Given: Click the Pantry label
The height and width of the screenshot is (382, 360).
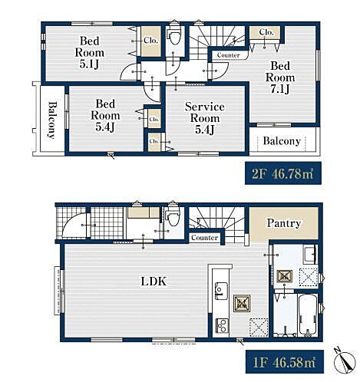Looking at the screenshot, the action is (x=283, y=223).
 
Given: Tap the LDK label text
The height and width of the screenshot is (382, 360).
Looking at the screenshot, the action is (x=154, y=282).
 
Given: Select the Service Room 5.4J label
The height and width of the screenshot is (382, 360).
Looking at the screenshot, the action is (x=205, y=118).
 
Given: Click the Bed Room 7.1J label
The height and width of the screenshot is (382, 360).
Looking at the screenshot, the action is (x=280, y=77).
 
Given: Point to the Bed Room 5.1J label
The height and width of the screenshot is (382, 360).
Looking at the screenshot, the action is (x=89, y=52).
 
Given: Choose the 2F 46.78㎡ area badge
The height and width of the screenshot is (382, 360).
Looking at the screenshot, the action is (x=283, y=173).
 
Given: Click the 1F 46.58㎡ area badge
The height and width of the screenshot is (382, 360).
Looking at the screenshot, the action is (x=285, y=361).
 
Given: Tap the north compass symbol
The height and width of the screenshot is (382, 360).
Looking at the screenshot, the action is (x=345, y=361).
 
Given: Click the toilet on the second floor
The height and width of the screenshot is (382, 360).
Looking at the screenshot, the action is (x=174, y=36).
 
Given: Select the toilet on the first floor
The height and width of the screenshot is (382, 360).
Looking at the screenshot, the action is (x=173, y=217).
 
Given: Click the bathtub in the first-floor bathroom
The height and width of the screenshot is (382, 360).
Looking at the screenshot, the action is (x=308, y=315).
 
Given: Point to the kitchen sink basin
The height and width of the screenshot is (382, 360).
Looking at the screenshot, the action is (x=221, y=291).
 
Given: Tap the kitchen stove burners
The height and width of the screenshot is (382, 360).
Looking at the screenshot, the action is (x=222, y=325).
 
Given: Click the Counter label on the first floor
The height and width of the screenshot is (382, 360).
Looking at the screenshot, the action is (x=204, y=238).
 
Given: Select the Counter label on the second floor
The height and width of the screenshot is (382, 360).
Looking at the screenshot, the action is (x=228, y=55).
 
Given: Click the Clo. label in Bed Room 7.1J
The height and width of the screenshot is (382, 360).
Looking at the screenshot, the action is (x=266, y=32).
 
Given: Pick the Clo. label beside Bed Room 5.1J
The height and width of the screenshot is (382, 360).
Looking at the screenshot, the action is (x=150, y=41).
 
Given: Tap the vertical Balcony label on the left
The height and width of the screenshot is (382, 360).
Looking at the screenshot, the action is (x=52, y=120).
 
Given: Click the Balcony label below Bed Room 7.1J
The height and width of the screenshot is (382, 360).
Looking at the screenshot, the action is (x=282, y=141).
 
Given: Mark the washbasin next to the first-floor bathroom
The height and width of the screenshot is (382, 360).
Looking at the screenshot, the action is (x=310, y=255).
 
